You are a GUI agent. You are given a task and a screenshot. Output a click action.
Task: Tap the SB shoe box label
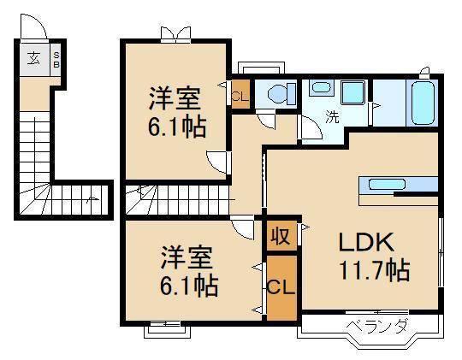56,61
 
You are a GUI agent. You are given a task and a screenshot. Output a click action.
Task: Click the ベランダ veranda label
377,325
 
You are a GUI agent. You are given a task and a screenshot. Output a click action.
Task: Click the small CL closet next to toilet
239,95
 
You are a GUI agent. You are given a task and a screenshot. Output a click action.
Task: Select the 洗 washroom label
329,116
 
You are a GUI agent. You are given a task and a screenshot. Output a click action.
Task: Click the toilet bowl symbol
278,93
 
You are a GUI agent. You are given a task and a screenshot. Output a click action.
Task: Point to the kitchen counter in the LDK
399,184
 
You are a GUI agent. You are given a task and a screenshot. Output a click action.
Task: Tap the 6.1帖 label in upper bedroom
175,128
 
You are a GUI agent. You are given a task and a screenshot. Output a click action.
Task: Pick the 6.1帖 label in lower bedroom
188,284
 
